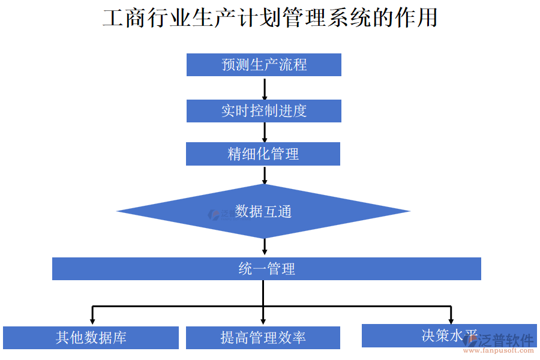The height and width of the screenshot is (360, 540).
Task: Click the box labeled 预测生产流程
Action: coord(263,65)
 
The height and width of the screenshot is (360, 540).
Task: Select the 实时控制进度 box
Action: coord(263,111)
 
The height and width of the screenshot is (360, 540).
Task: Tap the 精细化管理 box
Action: coord(263,154)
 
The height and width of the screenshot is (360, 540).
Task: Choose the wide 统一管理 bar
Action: coord(266,269)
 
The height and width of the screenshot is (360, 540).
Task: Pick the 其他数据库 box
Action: coord(91,338)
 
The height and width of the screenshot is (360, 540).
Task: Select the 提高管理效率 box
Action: coord(263,338)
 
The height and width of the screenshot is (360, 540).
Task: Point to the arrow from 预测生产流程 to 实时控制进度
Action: coord(264,88)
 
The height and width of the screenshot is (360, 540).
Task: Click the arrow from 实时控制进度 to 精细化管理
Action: coord(264,133)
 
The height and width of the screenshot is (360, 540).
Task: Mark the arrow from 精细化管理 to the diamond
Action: coord(264,175)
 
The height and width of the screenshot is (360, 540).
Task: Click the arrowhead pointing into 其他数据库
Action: coord(92,320)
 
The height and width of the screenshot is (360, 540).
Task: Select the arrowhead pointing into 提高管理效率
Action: coord(263,320)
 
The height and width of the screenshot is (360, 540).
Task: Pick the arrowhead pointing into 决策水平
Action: coord(451,319)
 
